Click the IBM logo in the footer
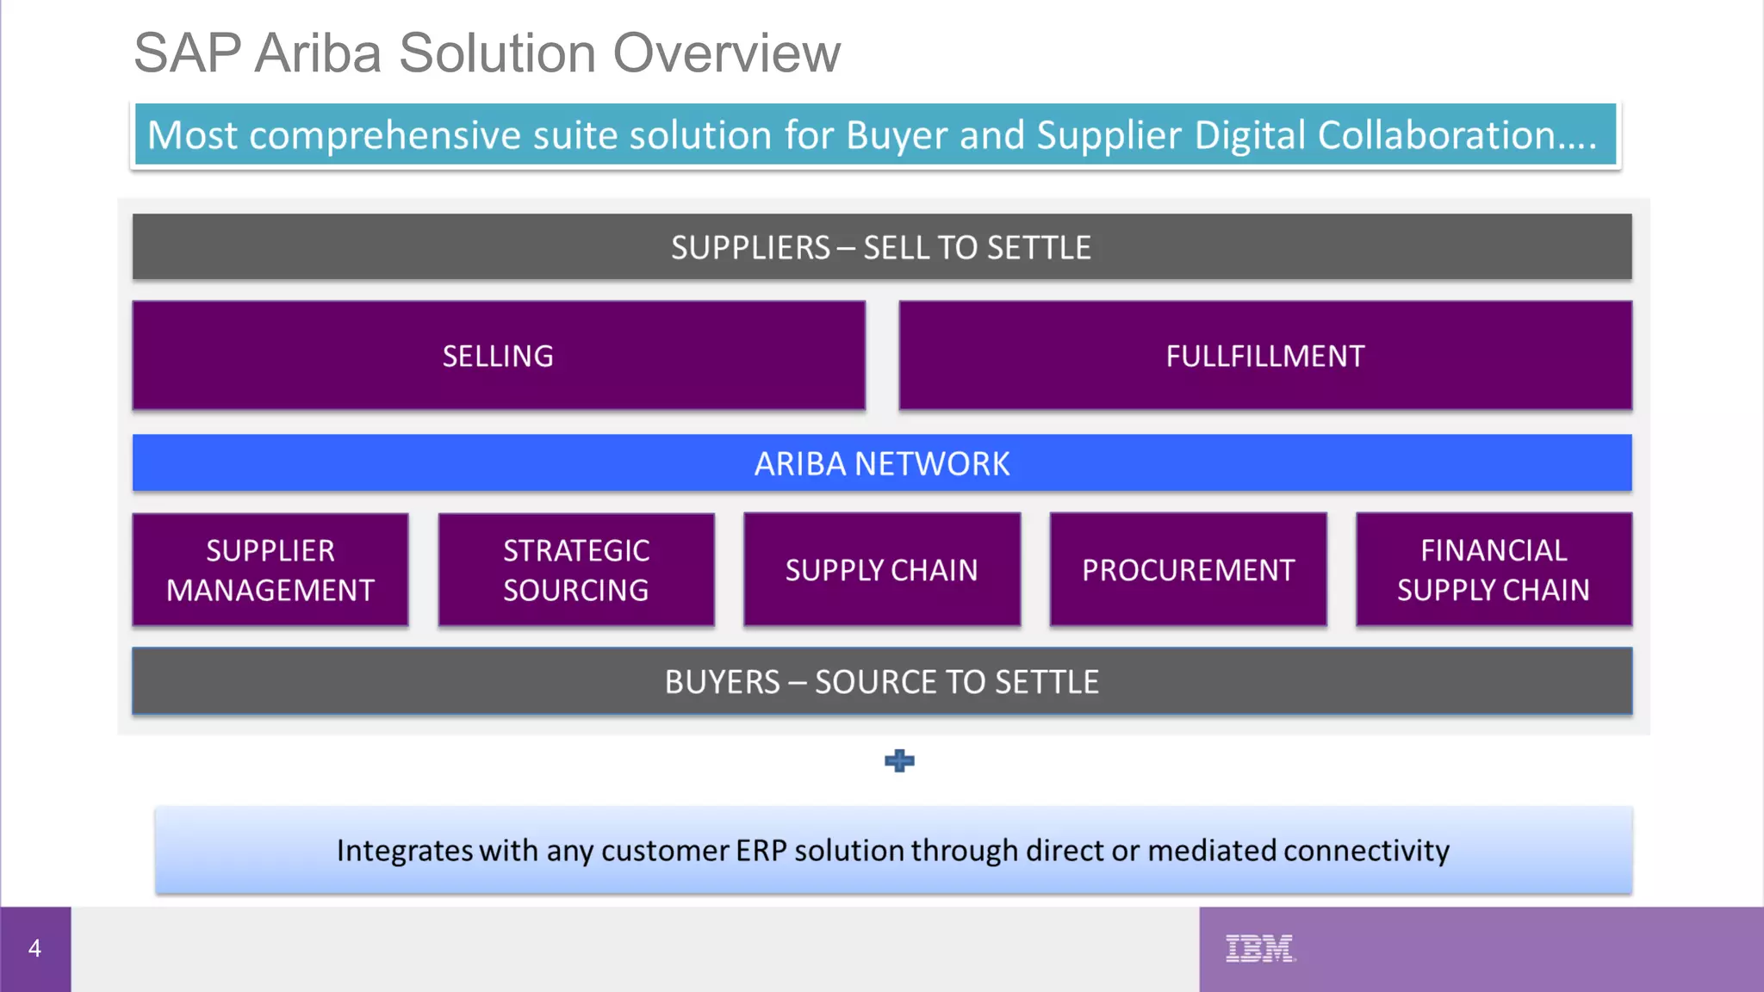(1259, 948)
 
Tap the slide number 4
(34, 948)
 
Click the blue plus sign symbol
(899, 760)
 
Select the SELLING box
(498, 356)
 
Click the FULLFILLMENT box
(1264, 356)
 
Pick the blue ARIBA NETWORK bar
(881, 463)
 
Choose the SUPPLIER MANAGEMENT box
(270, 570)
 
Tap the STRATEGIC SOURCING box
(575, 570)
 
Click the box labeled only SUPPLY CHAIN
(881, 570)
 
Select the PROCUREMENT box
(1188, 570)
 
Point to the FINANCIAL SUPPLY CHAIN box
(1493, 570)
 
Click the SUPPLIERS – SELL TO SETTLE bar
(881, 247)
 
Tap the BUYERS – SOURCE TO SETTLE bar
(881, 681)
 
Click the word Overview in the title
(726, 53)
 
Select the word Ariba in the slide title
(318, 53)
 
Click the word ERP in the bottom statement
(761, 851)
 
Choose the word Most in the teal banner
(191, 135)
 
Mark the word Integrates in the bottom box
(404, 851)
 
